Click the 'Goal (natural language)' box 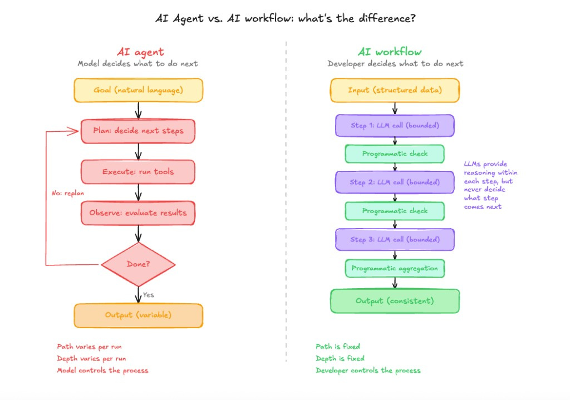click(x=138, y=90)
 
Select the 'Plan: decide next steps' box click(x=138, y=131)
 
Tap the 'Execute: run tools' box click(x=138, y=172)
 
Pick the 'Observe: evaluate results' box click(x=138, y=213)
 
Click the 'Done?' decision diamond click(x=138, y=264)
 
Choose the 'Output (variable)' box click(x=138, y=315)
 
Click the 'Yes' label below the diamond click(x=148, y=295)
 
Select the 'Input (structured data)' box click(x=395, y=90)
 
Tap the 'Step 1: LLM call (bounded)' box click(x=395, y=126)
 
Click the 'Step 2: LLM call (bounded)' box click(x=395, y=182)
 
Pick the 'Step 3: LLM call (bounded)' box click(x=395, y=239)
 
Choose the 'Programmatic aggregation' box click(x=395, y=269)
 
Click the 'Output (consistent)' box click(x=395, y=301)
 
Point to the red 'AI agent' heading click(x=140, y=52)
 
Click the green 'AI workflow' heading click(x=390, y=52)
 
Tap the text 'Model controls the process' click(x=102, y=371)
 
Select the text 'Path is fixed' click(x=338, y=347)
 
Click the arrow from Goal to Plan click(x=138, y=111)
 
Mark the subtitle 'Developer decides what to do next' click(x=395, y=63)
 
